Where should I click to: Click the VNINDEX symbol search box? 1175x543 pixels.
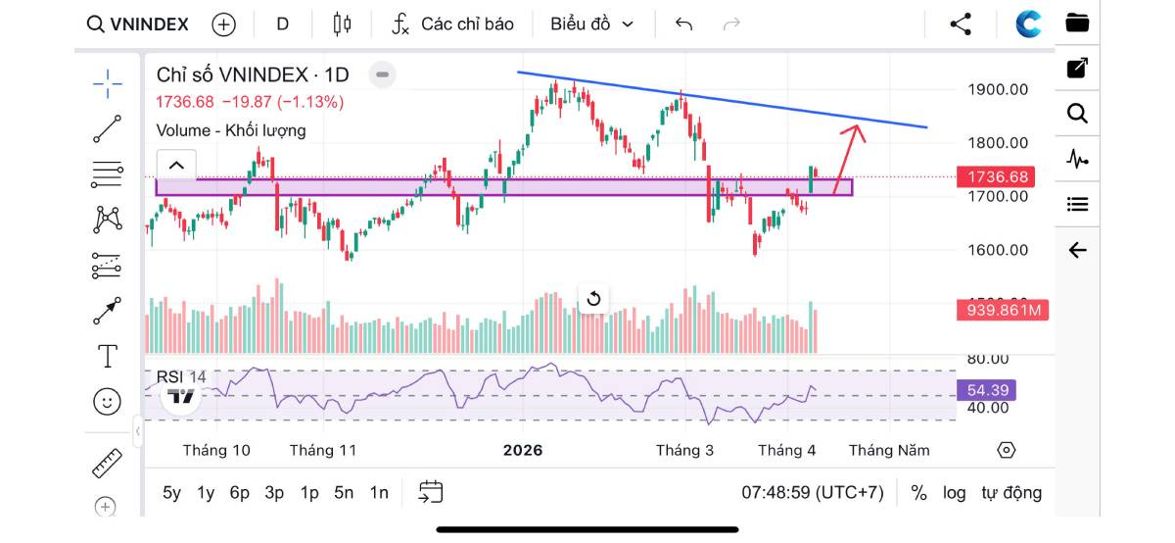click(138, 25)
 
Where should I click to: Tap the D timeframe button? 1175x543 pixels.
click(283, 25)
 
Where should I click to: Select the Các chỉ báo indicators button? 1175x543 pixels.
click(452, 25)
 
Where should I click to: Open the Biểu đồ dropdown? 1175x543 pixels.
click(591, 25)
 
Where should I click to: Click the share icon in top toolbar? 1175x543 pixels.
click(961, 25)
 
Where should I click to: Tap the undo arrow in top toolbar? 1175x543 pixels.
click(683, 25)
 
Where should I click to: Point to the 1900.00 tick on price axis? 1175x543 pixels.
click(998, 89)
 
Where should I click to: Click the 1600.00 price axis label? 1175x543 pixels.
click(998, 250)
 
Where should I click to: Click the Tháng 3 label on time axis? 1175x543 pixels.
click(684, 451)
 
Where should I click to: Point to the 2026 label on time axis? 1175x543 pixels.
click(522, 451)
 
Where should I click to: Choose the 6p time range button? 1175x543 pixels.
click(240, 493)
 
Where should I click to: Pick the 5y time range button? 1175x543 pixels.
click(171, 493)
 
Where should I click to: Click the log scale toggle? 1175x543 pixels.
click(954, 493)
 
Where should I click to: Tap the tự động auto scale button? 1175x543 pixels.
click(1011, 493)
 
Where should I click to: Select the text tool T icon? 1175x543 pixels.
click(108, 356)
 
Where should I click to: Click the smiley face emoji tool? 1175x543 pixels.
click(108, 401)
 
